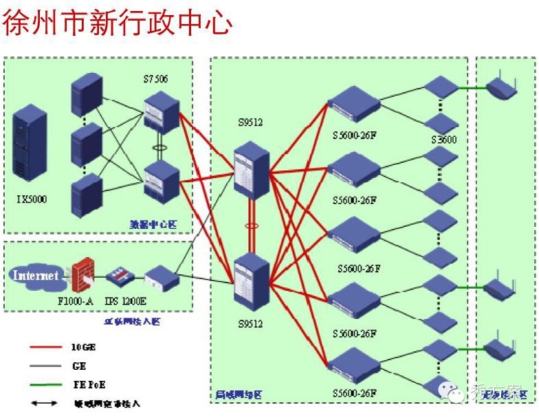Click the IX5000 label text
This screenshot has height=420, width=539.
[x=32, y=199]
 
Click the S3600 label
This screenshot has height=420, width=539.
[x=444, y=139]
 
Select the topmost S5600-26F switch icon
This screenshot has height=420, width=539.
[x=354, y=104]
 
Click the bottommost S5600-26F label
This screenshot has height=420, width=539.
[x=355, y=393]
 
